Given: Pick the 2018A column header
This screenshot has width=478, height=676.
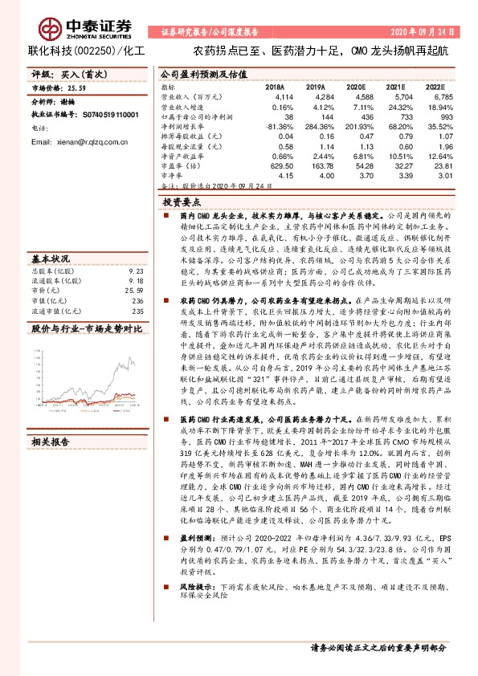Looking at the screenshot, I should tap(275, 87).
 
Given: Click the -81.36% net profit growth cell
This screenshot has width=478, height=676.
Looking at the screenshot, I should tap(277, 126).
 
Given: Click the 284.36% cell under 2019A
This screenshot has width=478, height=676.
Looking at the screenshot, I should tap(314, 126).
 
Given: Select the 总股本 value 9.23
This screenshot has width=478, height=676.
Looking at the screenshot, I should tap(136, 272).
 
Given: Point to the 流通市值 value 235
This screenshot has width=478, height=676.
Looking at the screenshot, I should tap(137, 311).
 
